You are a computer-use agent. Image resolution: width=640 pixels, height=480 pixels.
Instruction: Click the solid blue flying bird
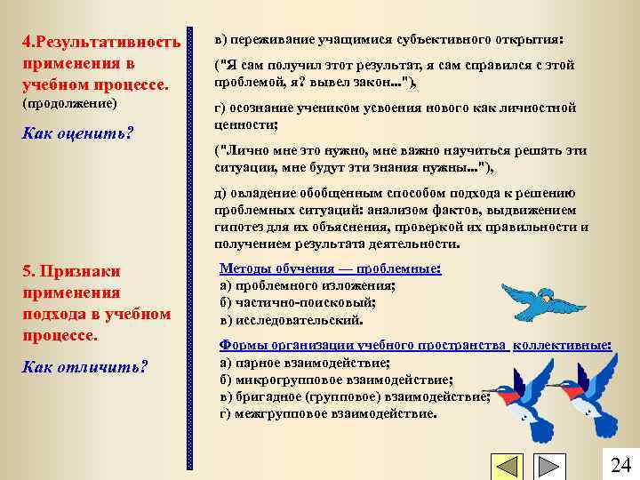click(538, 302)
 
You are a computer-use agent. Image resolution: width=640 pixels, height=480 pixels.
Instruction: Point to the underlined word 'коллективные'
click(562, 345)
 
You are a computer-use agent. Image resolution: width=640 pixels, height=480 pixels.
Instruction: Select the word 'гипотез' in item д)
click(238, 227)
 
